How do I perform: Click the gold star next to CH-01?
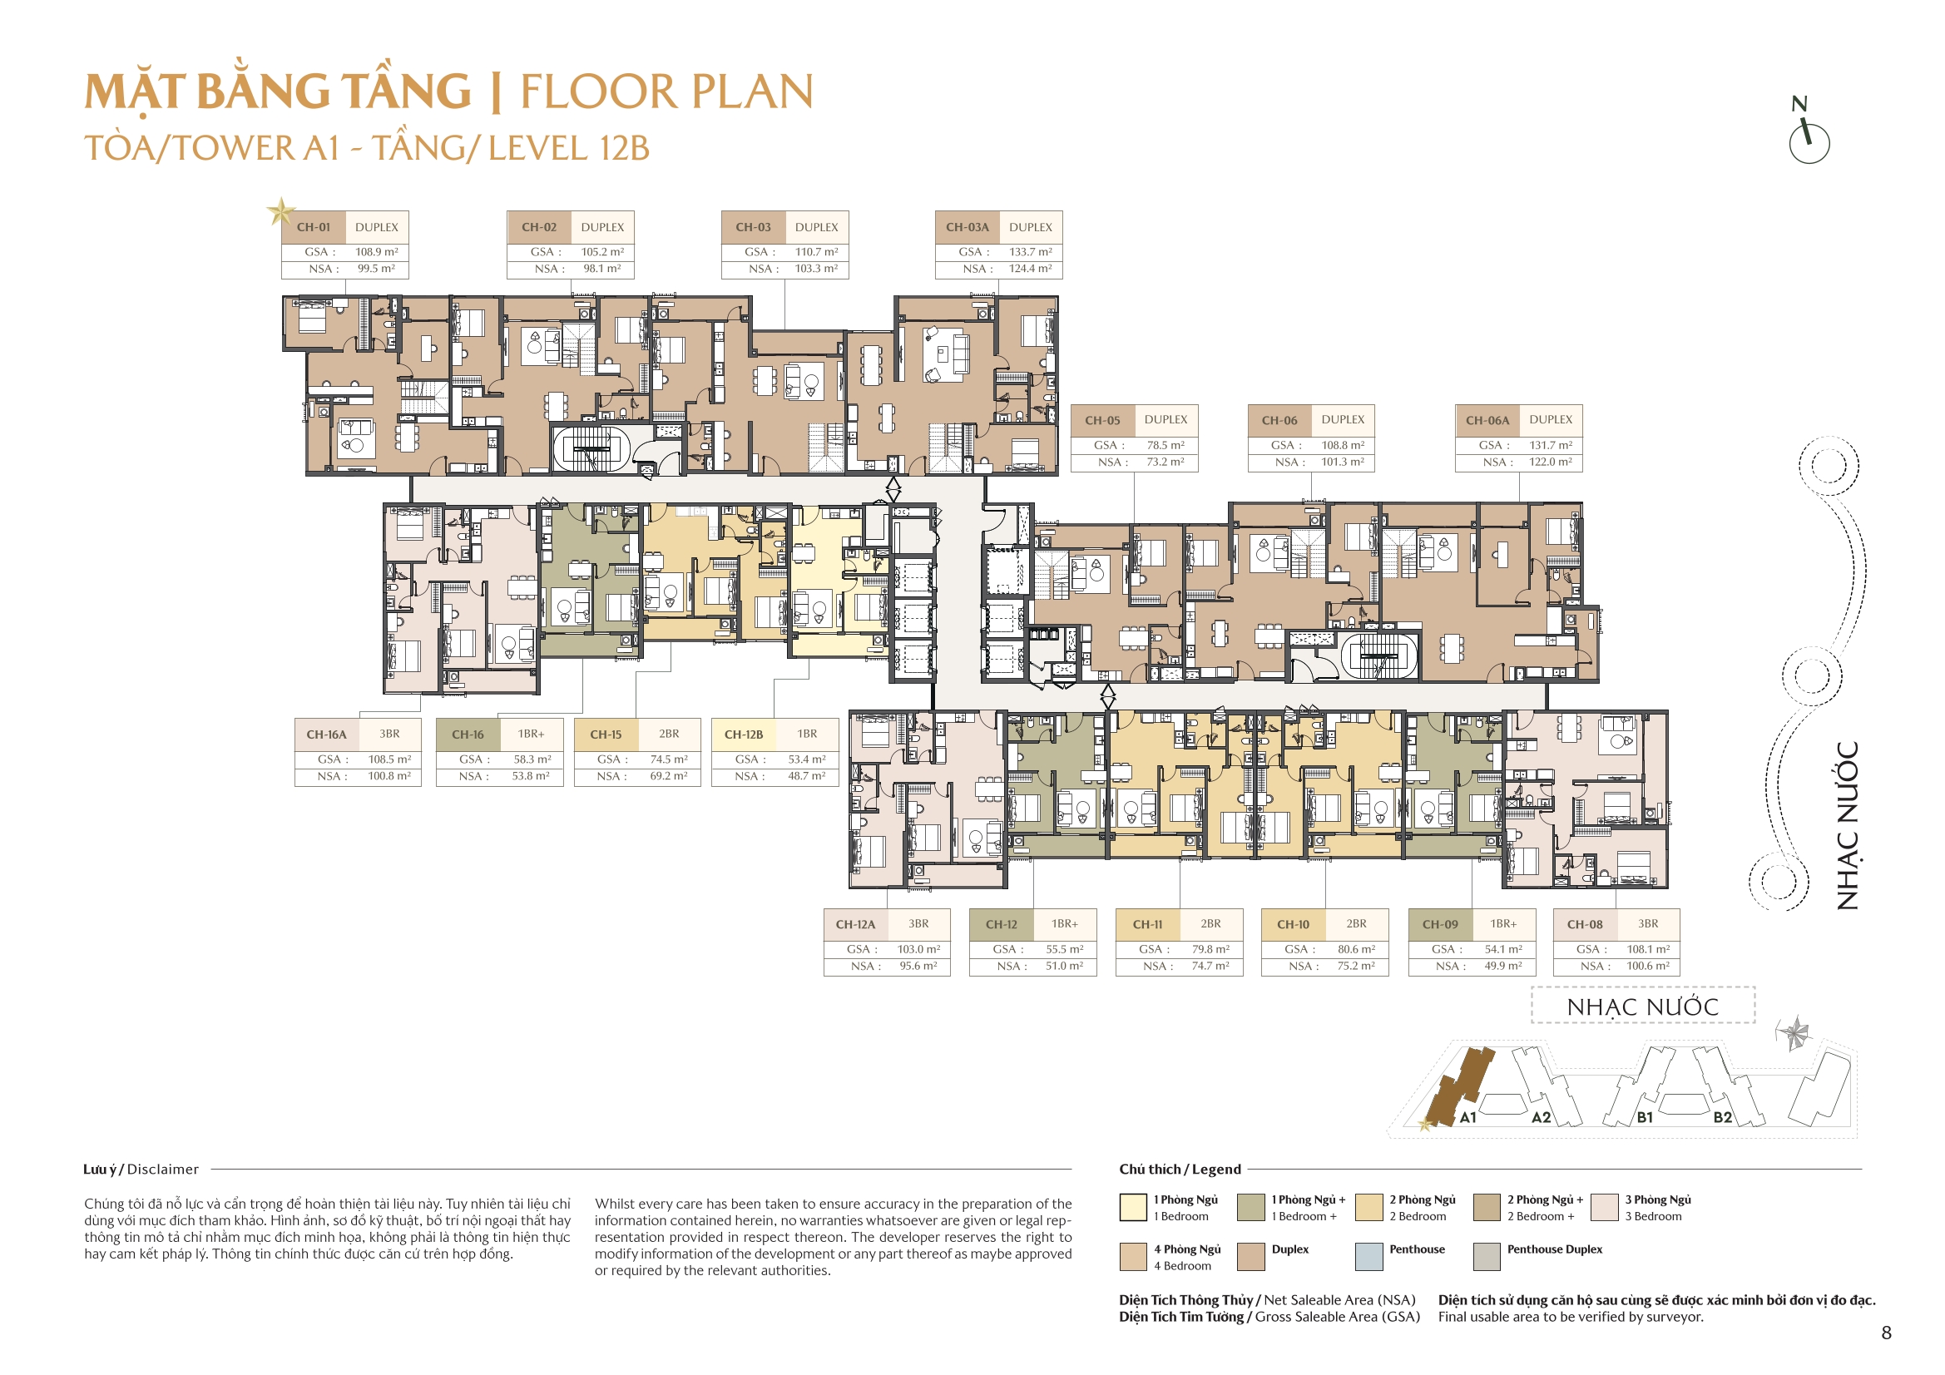click(x=280, y=211)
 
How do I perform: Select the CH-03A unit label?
click(x=967, y=227)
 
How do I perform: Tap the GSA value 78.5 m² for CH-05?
click(x=1166, y=445)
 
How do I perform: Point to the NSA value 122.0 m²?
click(x=1550, y=462)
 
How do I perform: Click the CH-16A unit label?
click(x=326, y=734)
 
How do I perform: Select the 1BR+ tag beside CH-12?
click(x=1065, y=923)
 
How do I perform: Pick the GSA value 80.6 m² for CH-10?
click(x=1356, y=949)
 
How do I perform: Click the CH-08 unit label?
click(x=1584, y=924)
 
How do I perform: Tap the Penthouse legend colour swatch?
click(x=1369, y=1256)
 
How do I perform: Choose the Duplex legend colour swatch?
click(x=1251, y=1256)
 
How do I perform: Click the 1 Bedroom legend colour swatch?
click(x=1132, y=1206)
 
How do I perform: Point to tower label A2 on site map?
click(x=1541, y=1117)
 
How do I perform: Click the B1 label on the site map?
click(x=1645, y=1117)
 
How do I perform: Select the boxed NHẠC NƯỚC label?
click(x=1642, y=1007)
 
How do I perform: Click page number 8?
click(x=1886, y=1333)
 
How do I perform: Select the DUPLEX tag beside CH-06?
click(x=1343, y=419)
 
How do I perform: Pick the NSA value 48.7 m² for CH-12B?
click(x=806, y=775)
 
